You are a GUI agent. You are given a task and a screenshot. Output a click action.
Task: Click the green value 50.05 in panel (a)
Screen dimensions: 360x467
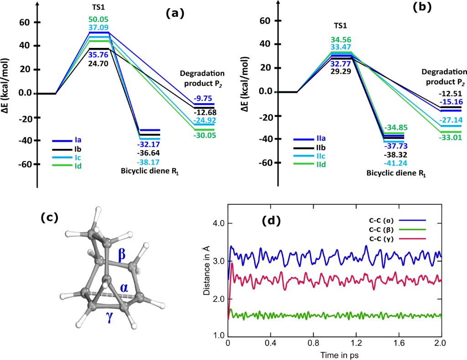click(99, 19)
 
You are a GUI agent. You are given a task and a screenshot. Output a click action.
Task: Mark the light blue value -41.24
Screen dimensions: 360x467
click(395, 163)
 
